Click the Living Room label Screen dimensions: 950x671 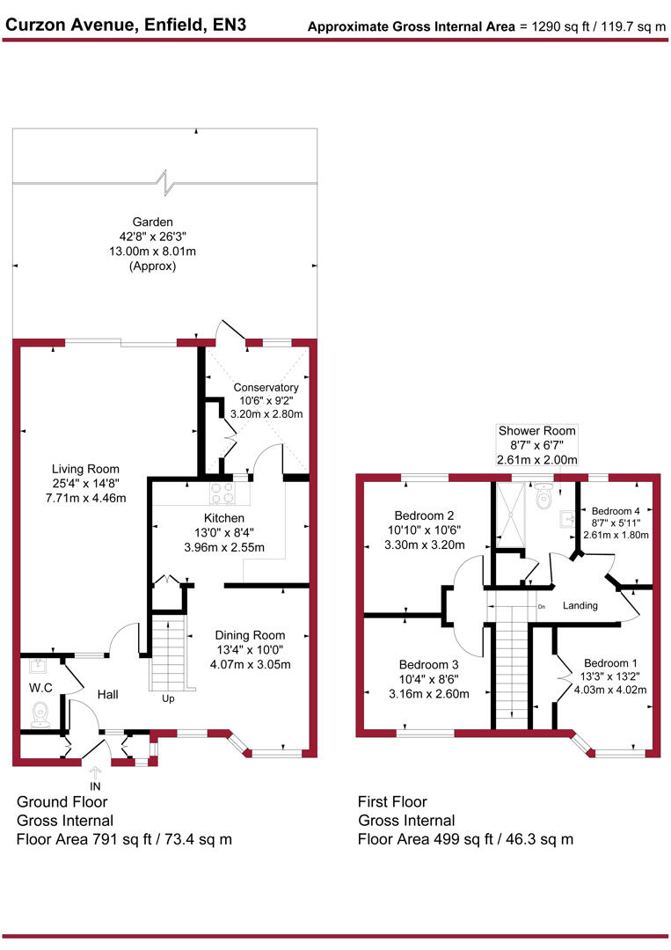[85, 469]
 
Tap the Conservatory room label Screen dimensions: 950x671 [266, 387]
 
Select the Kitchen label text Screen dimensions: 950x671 [224, 518]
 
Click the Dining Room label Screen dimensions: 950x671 [251, 635]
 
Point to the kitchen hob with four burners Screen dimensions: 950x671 [222, 493]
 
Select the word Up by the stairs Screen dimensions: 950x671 [167, 699]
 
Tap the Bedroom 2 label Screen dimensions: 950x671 [425, 515]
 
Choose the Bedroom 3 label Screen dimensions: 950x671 [428, 665]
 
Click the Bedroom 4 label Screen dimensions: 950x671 [616, 511]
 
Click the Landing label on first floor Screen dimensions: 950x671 [580, 605]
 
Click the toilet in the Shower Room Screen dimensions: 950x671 [543, 499]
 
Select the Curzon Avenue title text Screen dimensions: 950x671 [126, 25]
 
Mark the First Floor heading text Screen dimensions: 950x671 [392, 802]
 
